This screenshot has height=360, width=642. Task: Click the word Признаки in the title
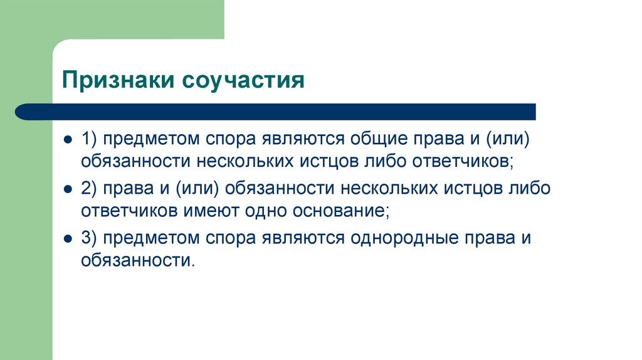(115, 82)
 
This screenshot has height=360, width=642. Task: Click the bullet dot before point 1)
(66, 138)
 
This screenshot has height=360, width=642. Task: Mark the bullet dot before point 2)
(66, 188)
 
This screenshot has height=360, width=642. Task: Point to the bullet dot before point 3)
(66, 239)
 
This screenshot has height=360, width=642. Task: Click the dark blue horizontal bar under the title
(276, 112)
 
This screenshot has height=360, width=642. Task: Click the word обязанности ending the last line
(136, 261)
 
